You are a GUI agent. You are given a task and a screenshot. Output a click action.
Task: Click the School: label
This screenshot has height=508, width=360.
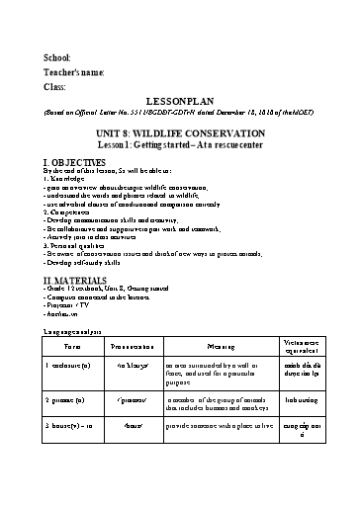(x=57, y=59)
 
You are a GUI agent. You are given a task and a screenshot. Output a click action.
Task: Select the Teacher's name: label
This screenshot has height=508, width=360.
(x=74, y=73)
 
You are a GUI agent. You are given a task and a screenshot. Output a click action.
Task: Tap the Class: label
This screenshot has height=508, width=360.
(x=55, y=87)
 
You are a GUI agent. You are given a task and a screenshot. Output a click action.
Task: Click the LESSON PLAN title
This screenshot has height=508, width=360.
(x=180, y=102)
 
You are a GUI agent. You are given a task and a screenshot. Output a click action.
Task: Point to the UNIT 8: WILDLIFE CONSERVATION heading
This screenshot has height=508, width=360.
(x=180, y=127)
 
